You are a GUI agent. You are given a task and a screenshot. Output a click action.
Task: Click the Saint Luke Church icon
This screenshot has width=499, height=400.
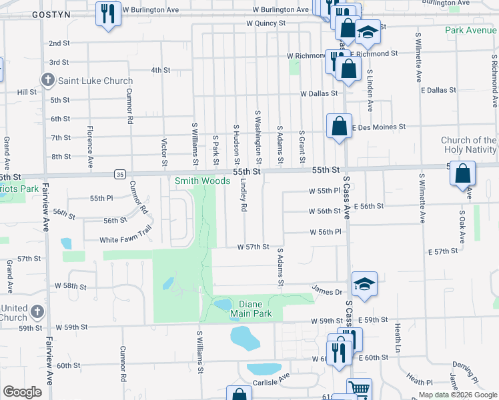(x=47, y=81)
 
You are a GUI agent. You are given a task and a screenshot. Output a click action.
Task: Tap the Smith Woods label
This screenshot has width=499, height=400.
(x=202, y=181)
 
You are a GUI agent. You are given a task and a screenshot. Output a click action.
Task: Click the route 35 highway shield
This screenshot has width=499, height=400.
(x=119, y=174)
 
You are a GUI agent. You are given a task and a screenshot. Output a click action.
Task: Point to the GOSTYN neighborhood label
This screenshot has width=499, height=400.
(x=21, y=14)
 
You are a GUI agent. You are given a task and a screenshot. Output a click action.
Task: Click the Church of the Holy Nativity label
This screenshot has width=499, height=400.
(x=469, y=145)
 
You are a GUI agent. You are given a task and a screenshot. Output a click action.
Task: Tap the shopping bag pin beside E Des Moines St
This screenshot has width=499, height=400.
(x=339, y=126)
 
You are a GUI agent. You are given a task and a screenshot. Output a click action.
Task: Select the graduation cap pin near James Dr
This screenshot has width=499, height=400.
(x=364, y=284)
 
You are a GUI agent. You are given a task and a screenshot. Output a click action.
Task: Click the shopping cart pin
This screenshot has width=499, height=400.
(x=359, y=389)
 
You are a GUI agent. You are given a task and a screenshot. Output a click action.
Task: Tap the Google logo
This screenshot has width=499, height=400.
(x=22, y=392)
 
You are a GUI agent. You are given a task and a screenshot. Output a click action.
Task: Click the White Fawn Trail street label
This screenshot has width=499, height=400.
(x=126, y=240)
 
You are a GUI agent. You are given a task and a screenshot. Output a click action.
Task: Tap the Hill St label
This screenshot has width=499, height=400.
(x=27, y=92)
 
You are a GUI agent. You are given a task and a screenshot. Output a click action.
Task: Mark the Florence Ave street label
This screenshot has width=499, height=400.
(x=89, y=147)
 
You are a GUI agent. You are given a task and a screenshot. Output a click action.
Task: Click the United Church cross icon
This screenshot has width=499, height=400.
(x=37, y=311)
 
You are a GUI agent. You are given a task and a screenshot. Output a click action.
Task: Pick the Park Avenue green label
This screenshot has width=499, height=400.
(x=471, y=31)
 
